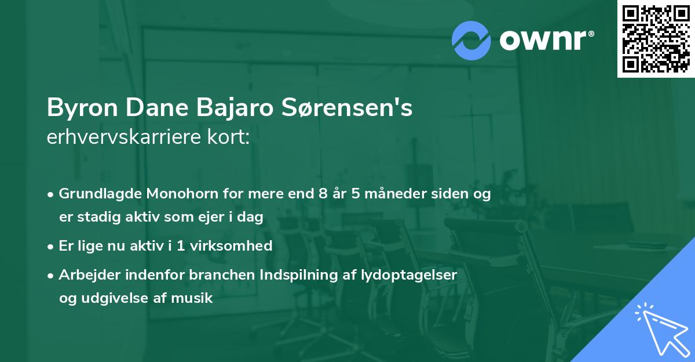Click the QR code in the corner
pyautogui.click(x=656, y=38)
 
